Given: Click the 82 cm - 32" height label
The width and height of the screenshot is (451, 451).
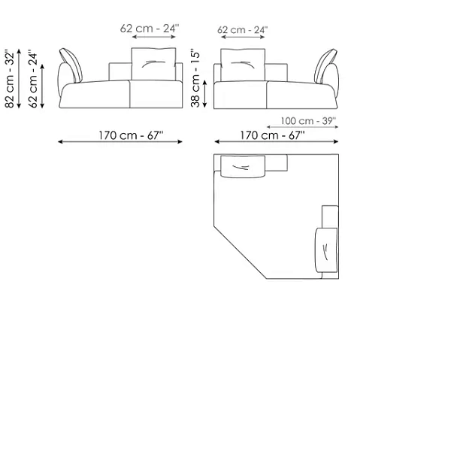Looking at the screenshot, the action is point(10,80).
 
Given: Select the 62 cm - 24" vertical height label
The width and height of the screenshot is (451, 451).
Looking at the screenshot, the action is point(33,80).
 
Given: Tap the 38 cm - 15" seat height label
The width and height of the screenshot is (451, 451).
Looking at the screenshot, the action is point(195,79).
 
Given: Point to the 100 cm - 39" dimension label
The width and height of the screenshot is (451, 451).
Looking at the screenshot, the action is point(308,121).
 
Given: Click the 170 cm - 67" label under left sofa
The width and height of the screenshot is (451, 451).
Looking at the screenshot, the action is point(131,135).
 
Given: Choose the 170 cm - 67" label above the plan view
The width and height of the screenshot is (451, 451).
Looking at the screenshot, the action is point(272,135).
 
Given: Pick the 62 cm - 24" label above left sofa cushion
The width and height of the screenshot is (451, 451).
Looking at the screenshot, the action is point(150,29).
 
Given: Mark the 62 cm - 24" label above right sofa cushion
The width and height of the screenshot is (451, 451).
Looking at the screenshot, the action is point(243,29).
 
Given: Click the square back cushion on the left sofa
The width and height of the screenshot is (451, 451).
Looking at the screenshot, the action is point(153,64).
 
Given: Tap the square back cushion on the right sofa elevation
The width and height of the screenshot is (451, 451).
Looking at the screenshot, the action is point(243,65).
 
